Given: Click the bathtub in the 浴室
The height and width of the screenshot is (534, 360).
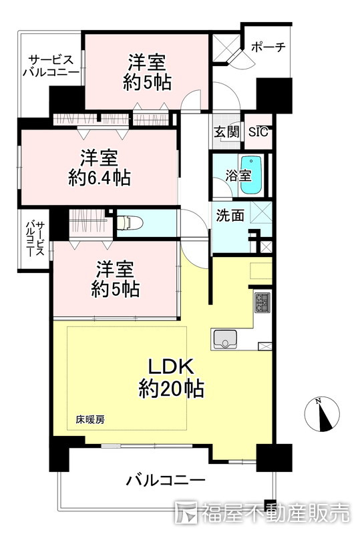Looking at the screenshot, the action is pyautogui.click(x=252, y=176).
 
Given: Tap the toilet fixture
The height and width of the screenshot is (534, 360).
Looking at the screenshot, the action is pyautogui.click(x=130, y=223).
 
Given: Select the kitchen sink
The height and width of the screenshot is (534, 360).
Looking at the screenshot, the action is pyautogui.click(x=225, y=340).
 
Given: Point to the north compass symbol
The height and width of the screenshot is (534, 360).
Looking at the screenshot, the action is pyautogui.click(x=322, y=414).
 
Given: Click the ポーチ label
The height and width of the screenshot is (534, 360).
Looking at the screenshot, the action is pyautogui.click(x=268, y=47).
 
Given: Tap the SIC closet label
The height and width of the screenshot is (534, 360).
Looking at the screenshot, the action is pyautogui.click(x=258, y=131).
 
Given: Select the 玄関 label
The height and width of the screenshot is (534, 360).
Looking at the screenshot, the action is pyautogui.click(x=226, y=131).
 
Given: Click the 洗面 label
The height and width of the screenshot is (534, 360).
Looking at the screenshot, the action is pyautogui.click(x=230, y=215).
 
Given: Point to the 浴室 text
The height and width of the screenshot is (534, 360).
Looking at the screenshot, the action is pyautogui.click(x=238, y=176).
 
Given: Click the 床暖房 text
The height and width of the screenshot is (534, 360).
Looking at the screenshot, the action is pyautogui.click(x=90, y=420).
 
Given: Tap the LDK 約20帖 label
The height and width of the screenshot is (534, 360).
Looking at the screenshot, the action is pyautogui.click(x=171, y=378).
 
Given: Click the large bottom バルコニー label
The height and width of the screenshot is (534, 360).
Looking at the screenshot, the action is pyautogui.click(x=166, y=481).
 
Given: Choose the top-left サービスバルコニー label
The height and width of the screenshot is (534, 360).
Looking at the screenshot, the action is pyautogui.click(x=51, y=65).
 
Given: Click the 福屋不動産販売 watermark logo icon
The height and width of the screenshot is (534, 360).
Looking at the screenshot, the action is pyautogui.click(x=186, y=511).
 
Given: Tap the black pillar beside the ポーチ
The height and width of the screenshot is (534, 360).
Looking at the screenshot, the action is pyautogui.click(x=275, y=95).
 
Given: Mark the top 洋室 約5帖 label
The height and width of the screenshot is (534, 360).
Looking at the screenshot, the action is pyautogui.click(x=147, y=72).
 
